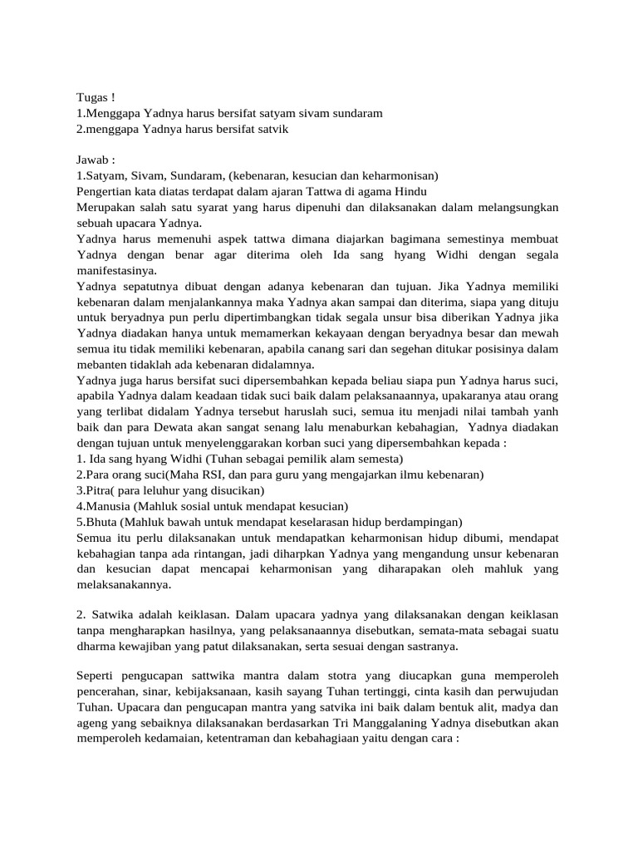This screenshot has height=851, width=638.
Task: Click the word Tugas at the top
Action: tap(91, 98)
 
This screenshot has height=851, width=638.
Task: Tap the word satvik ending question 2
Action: tap(272, 130)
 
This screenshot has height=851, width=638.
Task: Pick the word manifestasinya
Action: tap(116, 270)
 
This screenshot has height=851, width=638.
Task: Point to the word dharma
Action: tap(96, 647)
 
